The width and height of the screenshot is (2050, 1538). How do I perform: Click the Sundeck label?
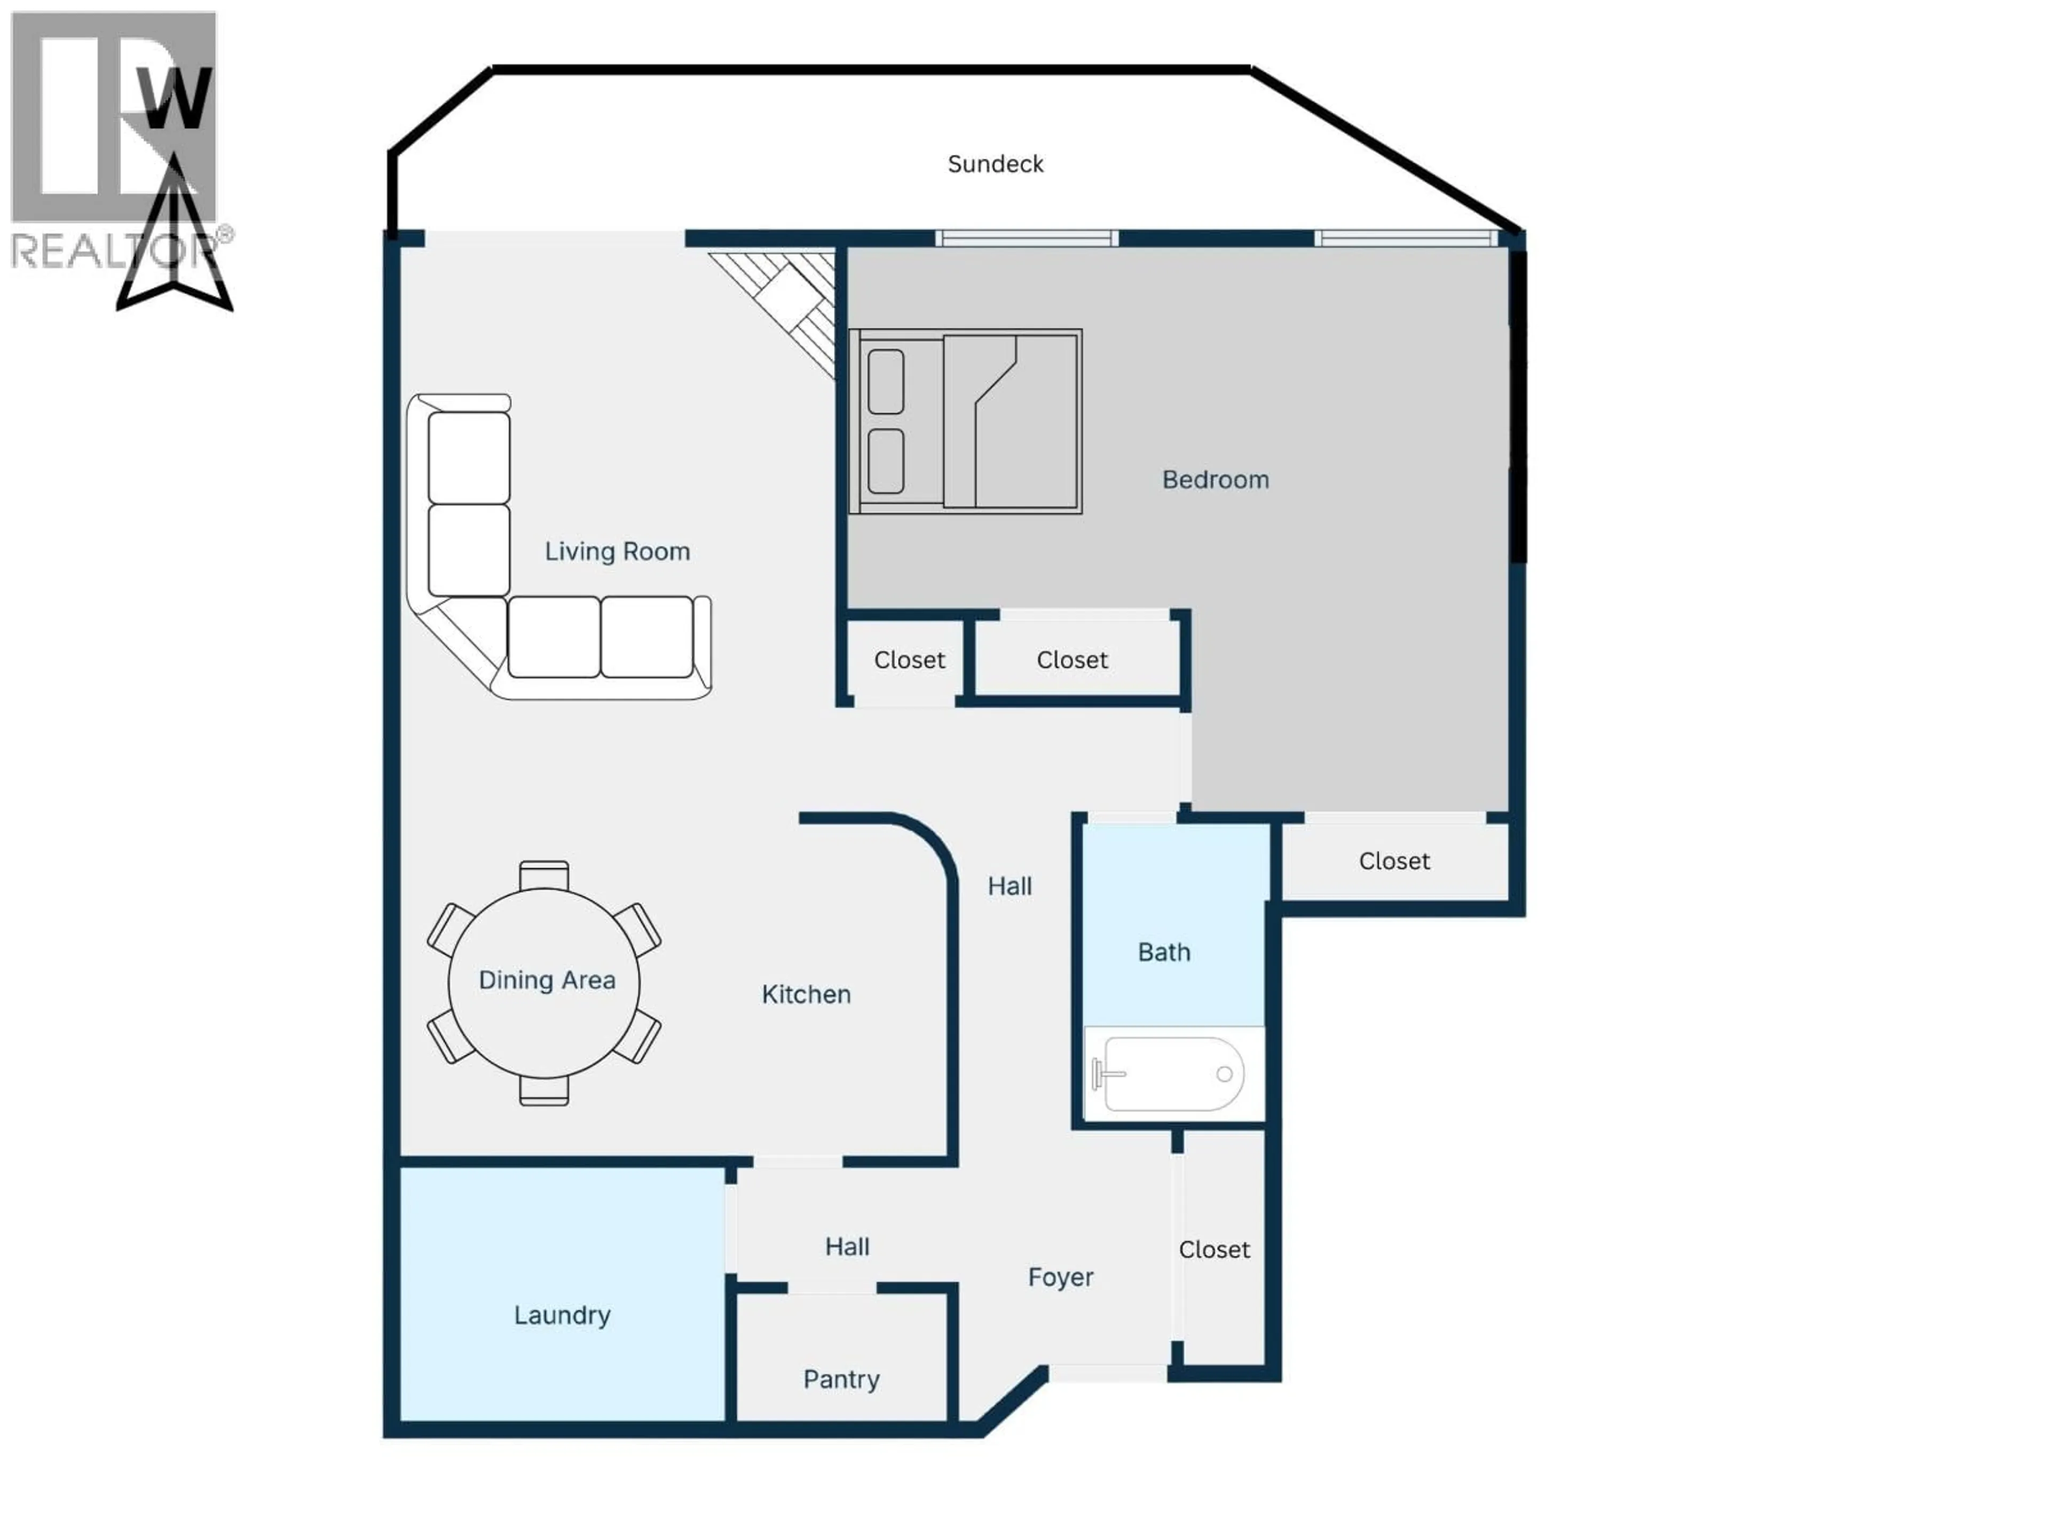pos(995,164)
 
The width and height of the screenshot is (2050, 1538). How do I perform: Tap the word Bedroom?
pos(1215,480)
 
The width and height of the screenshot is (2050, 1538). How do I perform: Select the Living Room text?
pos(617,552)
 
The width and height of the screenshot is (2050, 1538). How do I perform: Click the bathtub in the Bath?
pos(1172,1073)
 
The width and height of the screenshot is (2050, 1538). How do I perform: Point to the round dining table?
pos(544,983)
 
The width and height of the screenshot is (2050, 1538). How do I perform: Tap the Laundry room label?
pos(562,1315)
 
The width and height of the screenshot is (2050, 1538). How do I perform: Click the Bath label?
pos(1163,952)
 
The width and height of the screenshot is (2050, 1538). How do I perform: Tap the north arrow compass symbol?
pos(174,241)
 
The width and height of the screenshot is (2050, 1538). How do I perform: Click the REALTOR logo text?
pos(111,250)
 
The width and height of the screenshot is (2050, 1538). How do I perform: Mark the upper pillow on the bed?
pos(886,381)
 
